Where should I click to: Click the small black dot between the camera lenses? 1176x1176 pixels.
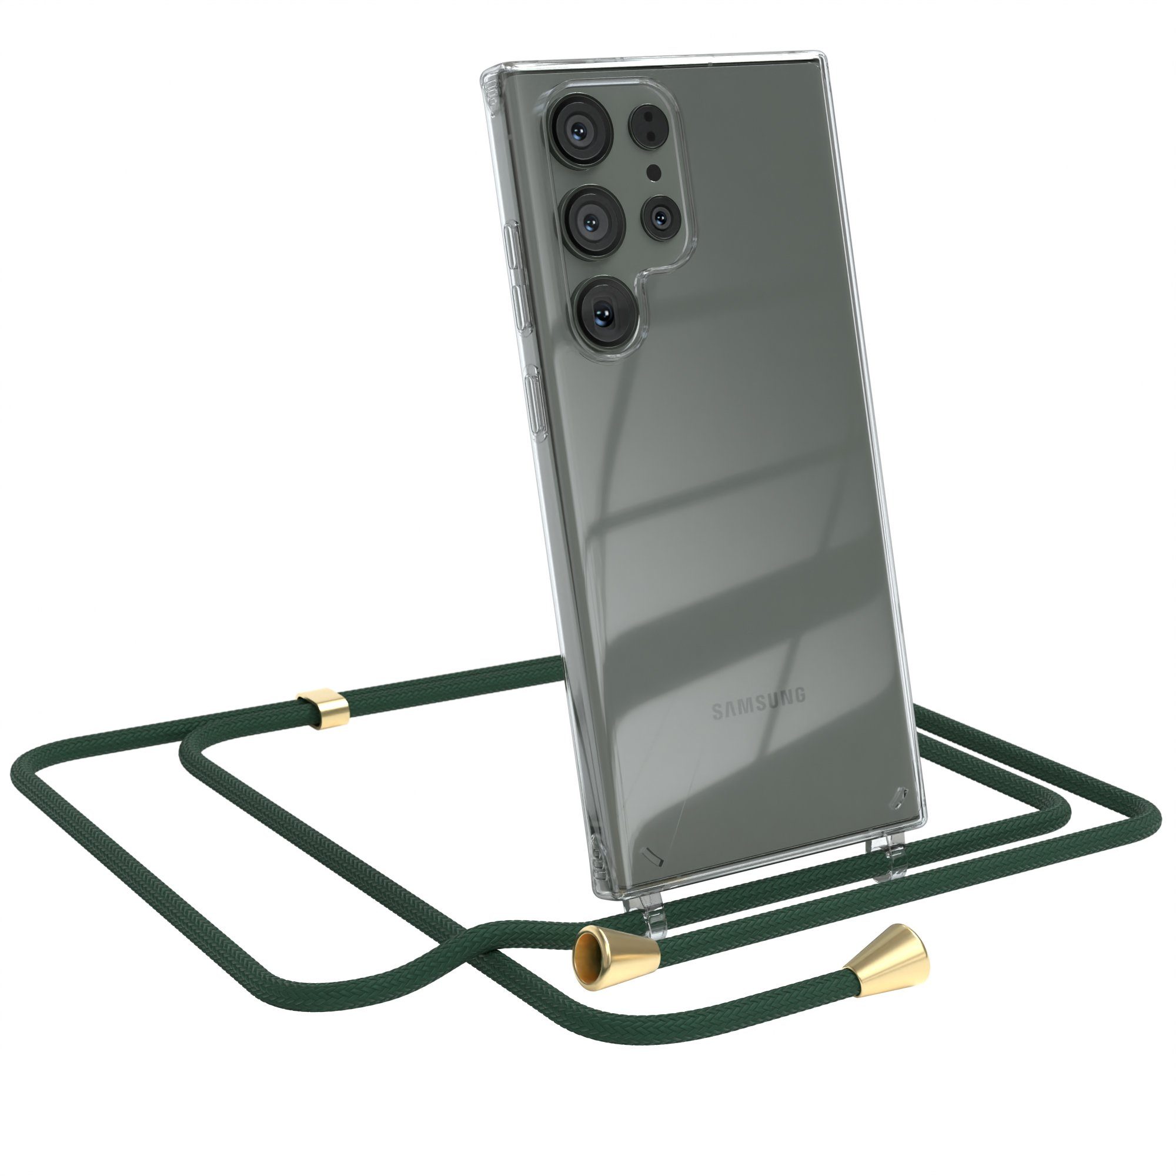pos(654,173)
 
